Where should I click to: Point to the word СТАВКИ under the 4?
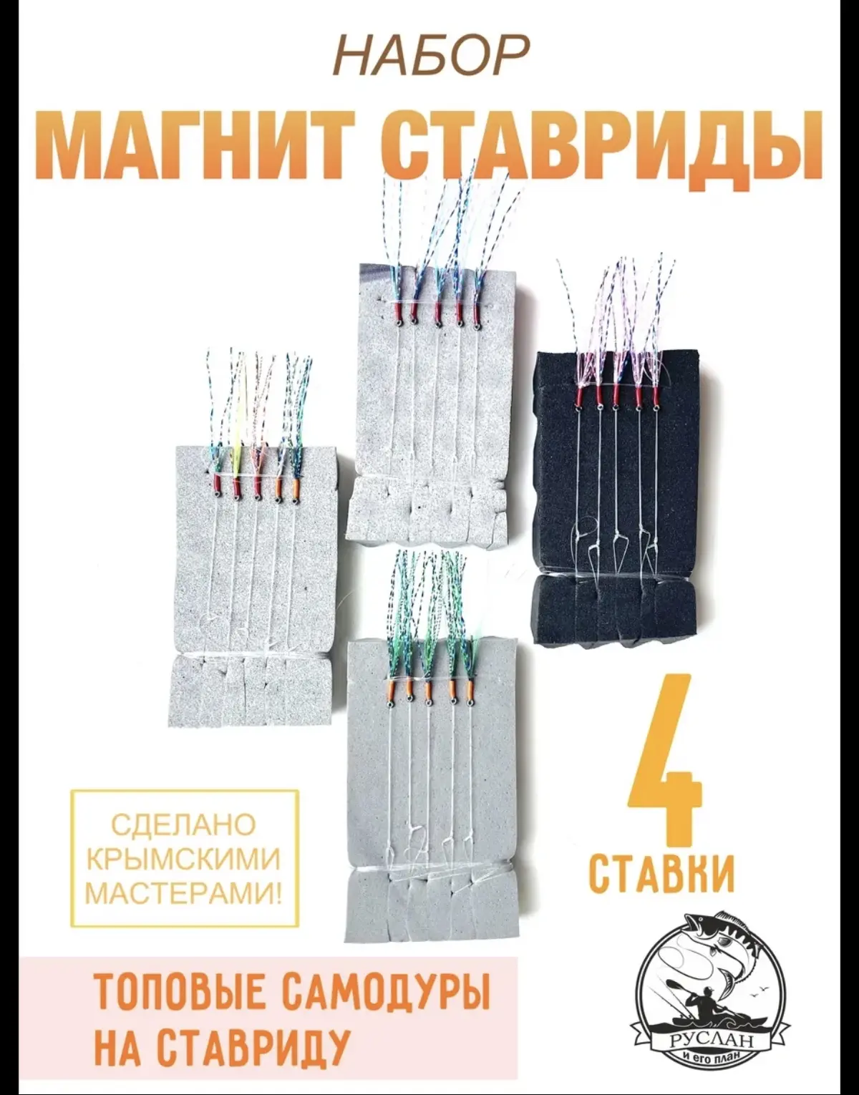pos(661,871)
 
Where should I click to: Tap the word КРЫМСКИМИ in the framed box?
pos(184,859)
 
